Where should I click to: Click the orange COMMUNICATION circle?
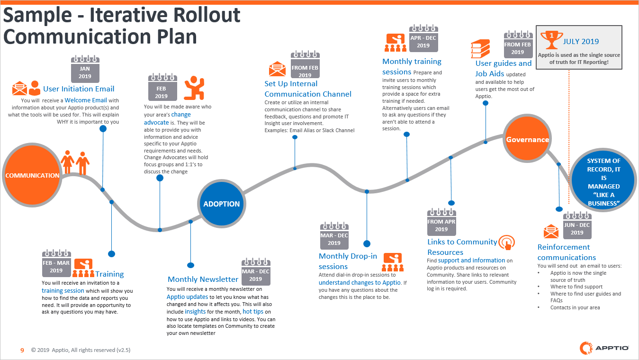[x=32, y=175]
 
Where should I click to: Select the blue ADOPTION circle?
[x=221, y=204]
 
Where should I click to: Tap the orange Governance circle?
[x=527, y=139]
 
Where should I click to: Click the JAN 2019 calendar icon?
[x=85, y=69]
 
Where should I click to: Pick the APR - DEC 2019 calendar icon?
[x=423, y=38]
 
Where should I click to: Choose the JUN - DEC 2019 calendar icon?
[x=577, y=225]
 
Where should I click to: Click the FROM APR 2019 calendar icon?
[x=441, y=222]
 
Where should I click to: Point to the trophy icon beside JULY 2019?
[x=551, y=40]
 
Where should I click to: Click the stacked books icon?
[x=480, y=48]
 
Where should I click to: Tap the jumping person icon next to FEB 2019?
[x=195, y=88]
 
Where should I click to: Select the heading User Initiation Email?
[x=79, y=89]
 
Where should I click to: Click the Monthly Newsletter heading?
[x=203, y=279]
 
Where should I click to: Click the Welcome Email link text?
[x=86, y=100]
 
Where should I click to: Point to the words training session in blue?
[x=63, y=290]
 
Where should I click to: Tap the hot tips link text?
[x=253, y=312]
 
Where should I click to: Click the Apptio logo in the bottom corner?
[x=604, y=348]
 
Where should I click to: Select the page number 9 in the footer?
[x=22, y=350]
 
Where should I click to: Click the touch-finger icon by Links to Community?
[x=507, y=243]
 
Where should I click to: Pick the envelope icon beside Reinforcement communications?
[x=551, y=231]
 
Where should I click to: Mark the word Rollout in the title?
[x=207, y=15]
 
